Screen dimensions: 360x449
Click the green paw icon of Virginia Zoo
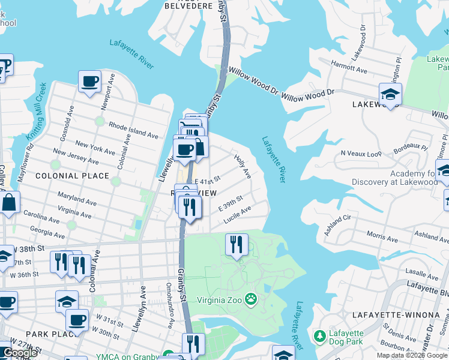coord(252,298)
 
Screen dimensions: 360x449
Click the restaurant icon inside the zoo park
coord(237,244)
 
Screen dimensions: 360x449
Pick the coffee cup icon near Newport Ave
coord(89,81)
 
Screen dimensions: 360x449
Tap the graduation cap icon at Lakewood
coord(390,94)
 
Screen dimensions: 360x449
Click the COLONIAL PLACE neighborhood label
coord(73,176)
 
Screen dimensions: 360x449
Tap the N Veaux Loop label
coord(361,154)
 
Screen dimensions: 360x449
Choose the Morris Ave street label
coord(382,236)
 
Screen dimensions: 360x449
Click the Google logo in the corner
coord(20,353)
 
